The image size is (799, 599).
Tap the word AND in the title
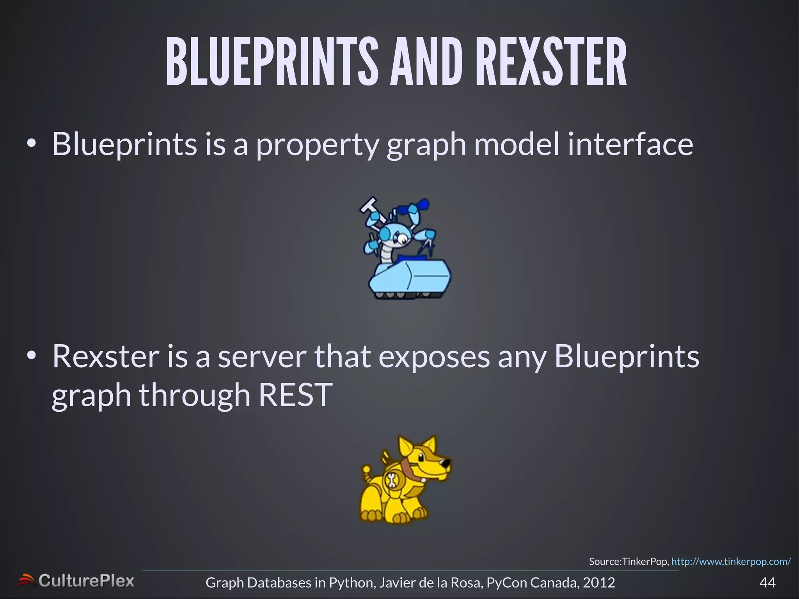[426, 62]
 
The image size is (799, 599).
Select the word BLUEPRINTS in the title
[272, 62]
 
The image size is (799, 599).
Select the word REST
[295, 395]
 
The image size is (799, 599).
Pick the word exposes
[434, 357]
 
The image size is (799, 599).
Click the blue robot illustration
[406, 250]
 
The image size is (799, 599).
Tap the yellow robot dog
[404, 480]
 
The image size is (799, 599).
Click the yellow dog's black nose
[446, 462]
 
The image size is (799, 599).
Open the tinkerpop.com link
[731, 562]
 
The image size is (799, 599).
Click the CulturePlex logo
[77, 581]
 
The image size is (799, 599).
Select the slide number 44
[767, 583]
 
